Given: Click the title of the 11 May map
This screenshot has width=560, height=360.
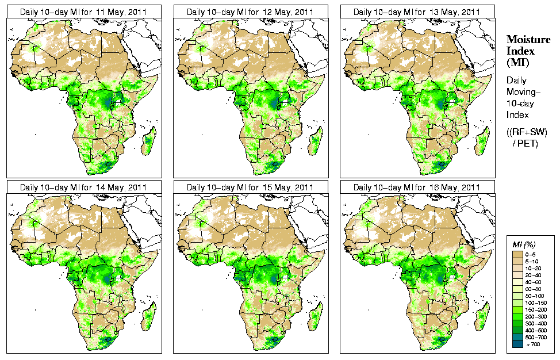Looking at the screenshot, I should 83,12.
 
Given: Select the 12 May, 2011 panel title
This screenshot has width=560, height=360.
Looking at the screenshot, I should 250,12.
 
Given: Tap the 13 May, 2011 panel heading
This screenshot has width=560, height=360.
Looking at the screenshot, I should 417,12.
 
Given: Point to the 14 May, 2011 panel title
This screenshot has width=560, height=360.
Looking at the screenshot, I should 83,187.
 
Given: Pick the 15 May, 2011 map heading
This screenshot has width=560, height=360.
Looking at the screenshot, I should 250,187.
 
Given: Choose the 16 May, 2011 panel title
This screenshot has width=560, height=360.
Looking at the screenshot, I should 417,187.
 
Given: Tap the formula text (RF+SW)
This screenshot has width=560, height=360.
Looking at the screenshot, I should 527,132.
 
